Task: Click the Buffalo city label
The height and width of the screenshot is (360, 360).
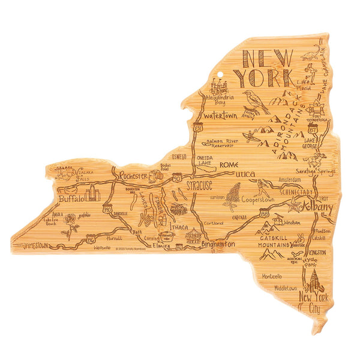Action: pos(72,198)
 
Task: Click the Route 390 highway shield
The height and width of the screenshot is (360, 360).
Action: pos(107,208)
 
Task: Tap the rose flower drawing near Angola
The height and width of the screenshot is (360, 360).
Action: pos(71,222)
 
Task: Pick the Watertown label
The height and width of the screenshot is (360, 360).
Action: pos(220,115)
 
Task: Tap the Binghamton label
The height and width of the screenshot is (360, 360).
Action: pos(218,245)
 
